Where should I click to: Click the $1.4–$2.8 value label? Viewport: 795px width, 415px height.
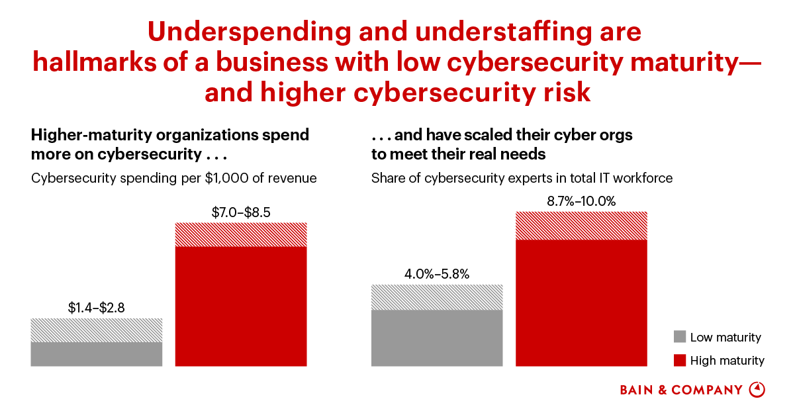(x=96, y=308)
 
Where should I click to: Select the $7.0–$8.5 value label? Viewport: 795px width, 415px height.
(x=241, y=212)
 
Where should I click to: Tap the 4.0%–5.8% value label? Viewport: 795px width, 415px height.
(x=436, y=274)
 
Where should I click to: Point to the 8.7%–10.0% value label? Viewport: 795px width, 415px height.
(x=581, y=201)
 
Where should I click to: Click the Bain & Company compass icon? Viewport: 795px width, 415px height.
(x=757, y=390)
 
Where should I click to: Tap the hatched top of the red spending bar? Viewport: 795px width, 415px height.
(x=241, y=234)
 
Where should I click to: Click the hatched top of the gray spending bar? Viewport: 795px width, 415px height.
(x=96, y=330)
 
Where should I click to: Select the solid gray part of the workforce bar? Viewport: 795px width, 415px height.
(x=436, y=338)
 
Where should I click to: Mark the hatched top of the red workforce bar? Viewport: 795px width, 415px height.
(x=581, y=226)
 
